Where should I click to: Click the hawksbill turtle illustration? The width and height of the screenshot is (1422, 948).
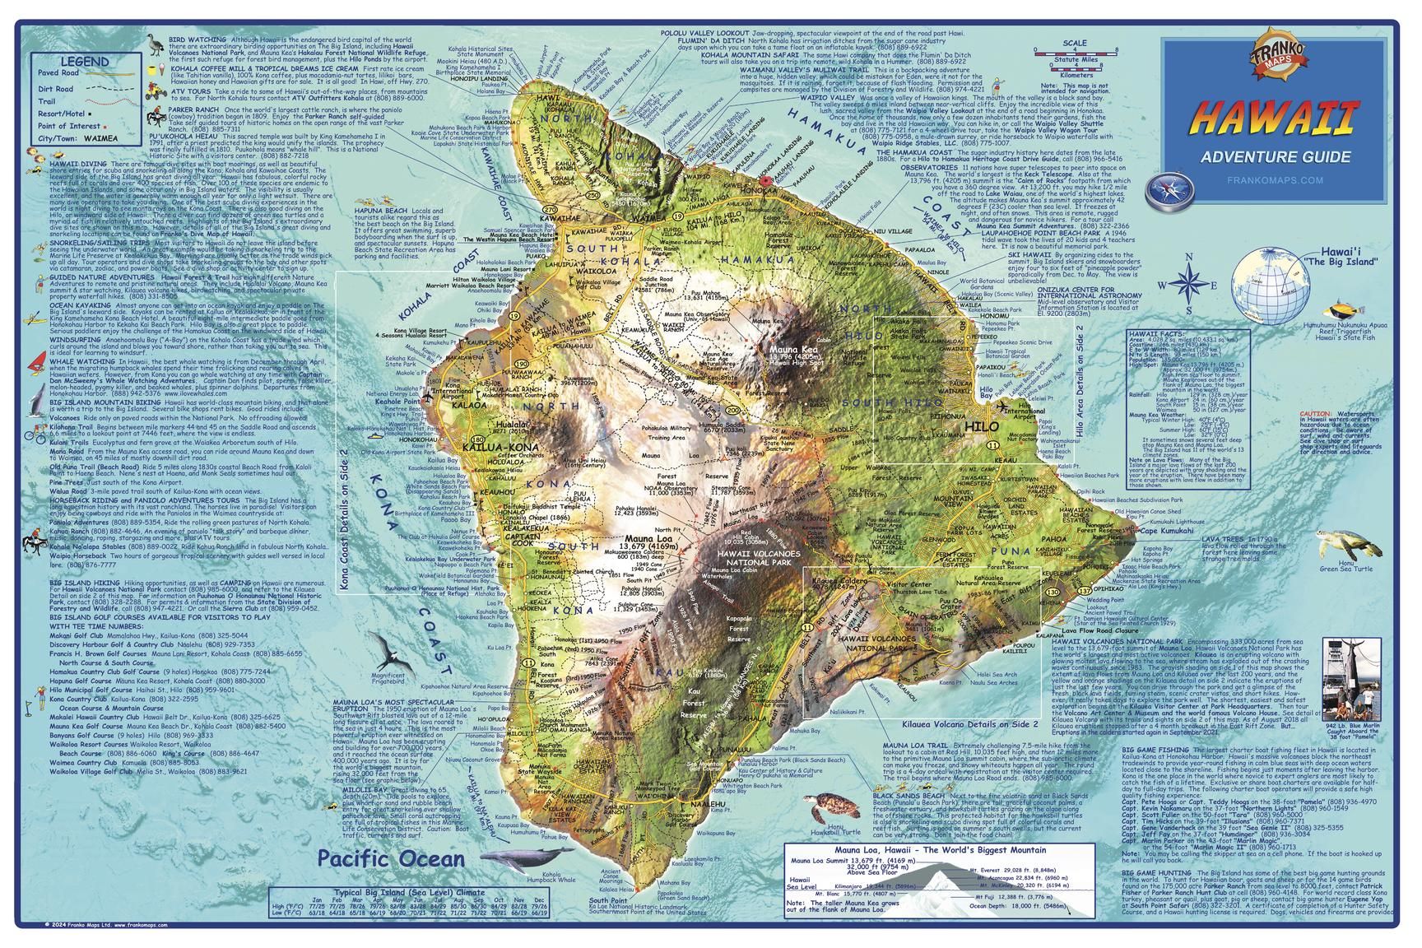click(830, 809)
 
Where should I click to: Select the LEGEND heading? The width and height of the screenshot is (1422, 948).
click(84, 62)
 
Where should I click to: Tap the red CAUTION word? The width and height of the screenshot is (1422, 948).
click(1316, 413)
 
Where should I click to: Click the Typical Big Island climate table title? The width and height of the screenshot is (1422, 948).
click(408, 891)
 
